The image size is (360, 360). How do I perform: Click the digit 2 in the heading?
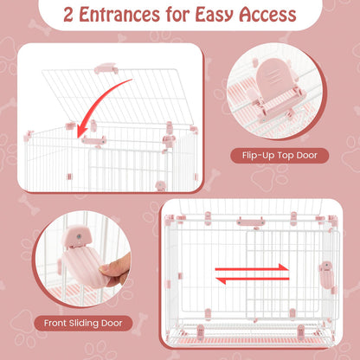pyautogui.click(x=68, y=15)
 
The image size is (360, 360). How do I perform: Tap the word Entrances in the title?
pyautogui.click(x=119, y=15)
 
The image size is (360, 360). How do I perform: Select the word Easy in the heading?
pyautogui.click(x=215, y=15)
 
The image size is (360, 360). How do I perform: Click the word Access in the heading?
pyautogui.click(x=268, y=15)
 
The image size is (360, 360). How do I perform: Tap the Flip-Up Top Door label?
pyautogui.click(x=280, y=156)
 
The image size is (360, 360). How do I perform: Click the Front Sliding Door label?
pyautogui.click(x=83, y=323)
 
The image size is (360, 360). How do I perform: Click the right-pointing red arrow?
pyautogui.click(x=252, y=268)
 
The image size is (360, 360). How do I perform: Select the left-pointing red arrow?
pyautogui.click(x=253, y=279)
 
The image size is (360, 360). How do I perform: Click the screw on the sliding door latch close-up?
pyautogui.click(x=79, y=236)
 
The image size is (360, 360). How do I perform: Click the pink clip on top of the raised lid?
pyautogui.click(x=106, y=68)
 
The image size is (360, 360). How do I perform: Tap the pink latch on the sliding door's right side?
pyautogui.click(x=326, y=273)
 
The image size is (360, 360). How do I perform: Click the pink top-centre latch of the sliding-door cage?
pyautogui.click(x=250, y=222)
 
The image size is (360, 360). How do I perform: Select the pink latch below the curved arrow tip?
pyautogui.click(x=93, y=140)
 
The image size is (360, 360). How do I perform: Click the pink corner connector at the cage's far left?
pyautogui.click(x=29, y=135)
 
